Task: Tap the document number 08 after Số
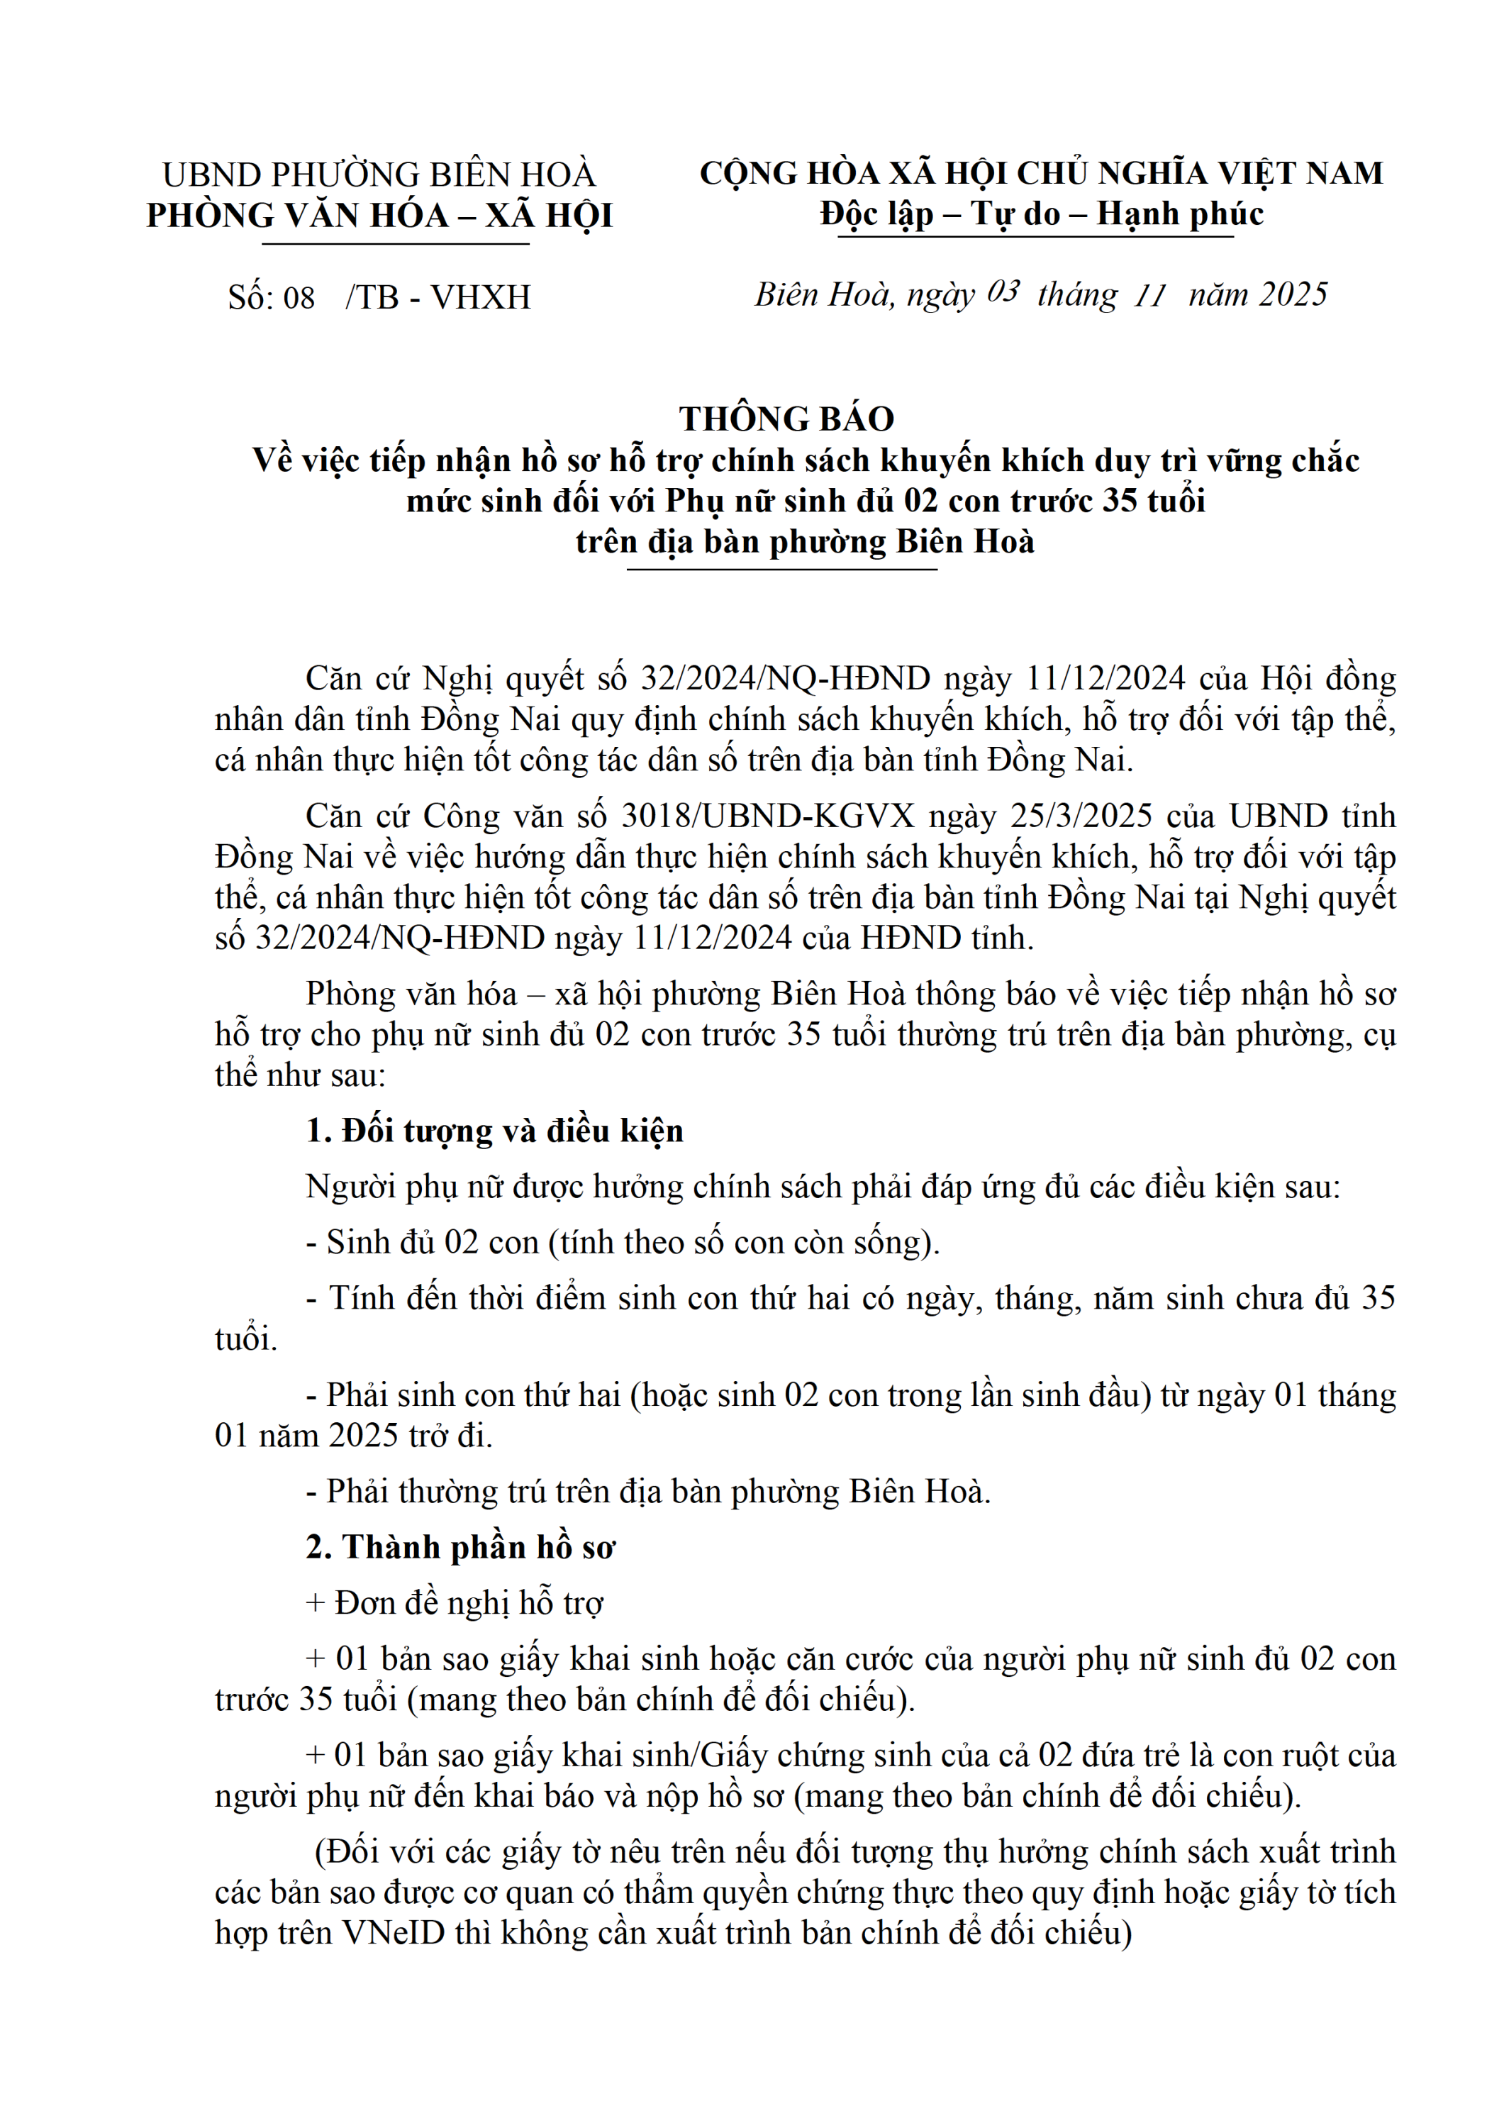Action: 299,297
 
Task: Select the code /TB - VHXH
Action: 438,297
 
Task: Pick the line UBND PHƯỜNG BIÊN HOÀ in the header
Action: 378,175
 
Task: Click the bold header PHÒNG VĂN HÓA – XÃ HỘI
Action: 379,216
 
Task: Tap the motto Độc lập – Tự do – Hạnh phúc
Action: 1041,214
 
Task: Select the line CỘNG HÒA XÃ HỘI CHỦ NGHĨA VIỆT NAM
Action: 1041,173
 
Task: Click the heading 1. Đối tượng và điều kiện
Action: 494,1131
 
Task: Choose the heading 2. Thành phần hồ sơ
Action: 459,1547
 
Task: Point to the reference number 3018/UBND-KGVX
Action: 767,816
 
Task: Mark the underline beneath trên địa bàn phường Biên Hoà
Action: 781,569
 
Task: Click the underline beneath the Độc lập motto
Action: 1035,237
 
